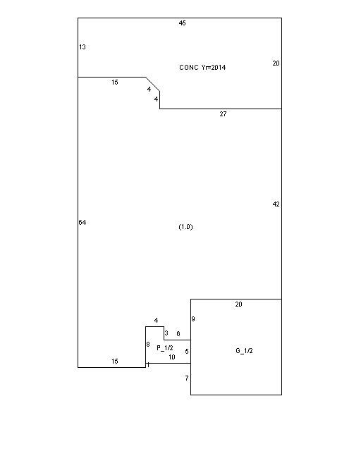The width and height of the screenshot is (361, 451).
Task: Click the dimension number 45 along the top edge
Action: [x=182, y=23]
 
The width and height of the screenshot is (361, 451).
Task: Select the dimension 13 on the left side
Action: [x=82, y=47]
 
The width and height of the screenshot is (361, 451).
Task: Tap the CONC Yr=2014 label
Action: [x=202, y=68]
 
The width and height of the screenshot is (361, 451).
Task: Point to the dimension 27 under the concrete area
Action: [x=223, y=114]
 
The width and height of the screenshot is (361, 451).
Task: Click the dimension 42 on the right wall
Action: [x=276, y=204]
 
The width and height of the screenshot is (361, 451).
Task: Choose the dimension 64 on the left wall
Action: [x=82, y=223]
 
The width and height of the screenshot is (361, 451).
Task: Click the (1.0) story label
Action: [x=185, y=227]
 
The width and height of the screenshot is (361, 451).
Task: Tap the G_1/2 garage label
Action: [x=244, y=351]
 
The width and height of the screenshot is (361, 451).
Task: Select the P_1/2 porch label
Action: [x=165, y=348]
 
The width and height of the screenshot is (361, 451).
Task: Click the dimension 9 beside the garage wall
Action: [x=193, y=319]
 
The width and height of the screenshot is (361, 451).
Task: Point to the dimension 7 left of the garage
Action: [x=187, y=378]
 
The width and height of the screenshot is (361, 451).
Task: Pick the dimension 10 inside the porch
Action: [x=172, y=357]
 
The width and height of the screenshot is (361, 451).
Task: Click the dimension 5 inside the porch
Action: [x=187, y=352]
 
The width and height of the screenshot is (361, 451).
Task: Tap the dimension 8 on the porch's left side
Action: [x=148, y=345]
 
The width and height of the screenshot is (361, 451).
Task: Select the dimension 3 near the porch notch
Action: [x=166, y=333]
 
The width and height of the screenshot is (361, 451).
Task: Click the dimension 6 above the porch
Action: [x=178, y=333]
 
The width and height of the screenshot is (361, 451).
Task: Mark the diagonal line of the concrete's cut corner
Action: [x=152, y=84]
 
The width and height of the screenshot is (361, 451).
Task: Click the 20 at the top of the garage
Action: [x=238, y=304]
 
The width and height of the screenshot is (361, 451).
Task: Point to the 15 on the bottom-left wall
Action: [x=115, y=362]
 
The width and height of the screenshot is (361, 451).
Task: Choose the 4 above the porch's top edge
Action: [x=156, y=321]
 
